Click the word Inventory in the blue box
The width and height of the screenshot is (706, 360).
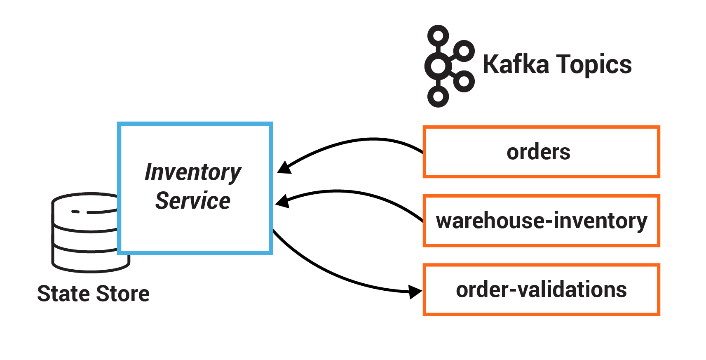(x=193, y=172)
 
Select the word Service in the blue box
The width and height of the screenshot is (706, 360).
(x=192, y=201)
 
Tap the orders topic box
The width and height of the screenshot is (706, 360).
(x=541, y=152)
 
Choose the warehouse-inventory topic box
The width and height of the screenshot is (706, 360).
(x=541, y=221)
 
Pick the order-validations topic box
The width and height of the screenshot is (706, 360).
(x=541, y=289)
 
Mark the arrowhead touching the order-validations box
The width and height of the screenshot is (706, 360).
(x=415, y=292)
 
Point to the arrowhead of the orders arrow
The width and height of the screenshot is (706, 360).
(x=284, y=167)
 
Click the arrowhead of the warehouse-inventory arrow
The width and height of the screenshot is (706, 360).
(x=282, y=201)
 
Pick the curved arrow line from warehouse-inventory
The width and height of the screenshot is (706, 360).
(x=350, y=192)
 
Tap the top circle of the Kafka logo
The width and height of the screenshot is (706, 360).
(x=438, y=35)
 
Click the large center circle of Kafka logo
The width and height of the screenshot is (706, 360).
(x=438, y=66)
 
